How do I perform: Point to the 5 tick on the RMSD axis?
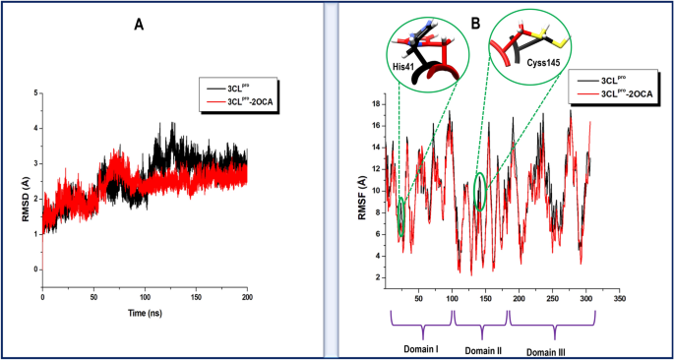click(36, 92)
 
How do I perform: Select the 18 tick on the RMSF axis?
click(376, 102)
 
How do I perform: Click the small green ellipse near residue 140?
click(479, 191)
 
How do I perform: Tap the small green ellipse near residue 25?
click(401, 215)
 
